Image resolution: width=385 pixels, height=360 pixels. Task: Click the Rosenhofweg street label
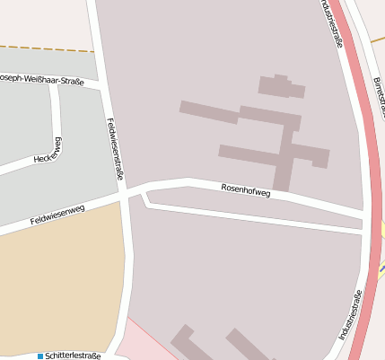(x=245, y=190)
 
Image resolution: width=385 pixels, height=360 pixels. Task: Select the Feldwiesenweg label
(x=57, y=215)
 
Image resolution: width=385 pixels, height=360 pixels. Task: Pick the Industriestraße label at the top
(x=331, y=22)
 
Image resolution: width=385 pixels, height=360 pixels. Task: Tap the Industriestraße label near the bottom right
(x=350, y=315)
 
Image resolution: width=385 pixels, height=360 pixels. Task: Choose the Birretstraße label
(x=378, y=94)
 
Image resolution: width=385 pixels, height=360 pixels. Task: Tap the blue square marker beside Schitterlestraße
(x=39, y=356)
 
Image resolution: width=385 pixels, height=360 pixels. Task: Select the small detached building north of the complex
(x=281, y=86)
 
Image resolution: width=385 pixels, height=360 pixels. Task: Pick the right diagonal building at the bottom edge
(x=246, y=347)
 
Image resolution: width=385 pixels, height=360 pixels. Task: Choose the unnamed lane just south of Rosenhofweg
(x=251, y=216)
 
